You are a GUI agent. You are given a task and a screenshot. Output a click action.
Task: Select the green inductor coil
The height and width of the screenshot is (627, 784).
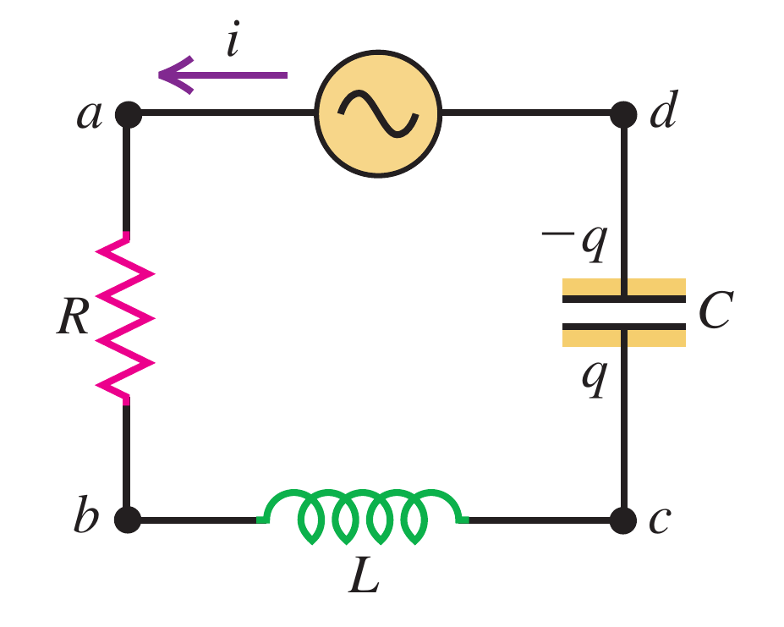click(x=364, y=515)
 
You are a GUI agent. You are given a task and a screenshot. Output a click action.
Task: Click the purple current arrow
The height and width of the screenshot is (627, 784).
click(x=223, y=74)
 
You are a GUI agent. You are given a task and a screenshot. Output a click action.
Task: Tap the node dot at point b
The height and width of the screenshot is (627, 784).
click(x=128, y=518)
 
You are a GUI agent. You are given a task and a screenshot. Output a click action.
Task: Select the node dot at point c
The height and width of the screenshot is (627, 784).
click(x=623, y=518)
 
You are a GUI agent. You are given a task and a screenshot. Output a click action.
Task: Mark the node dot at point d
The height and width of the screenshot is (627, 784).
click(x=623, y=113)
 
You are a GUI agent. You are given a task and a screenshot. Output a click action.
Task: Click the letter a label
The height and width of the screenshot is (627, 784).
click(x=88, y=114)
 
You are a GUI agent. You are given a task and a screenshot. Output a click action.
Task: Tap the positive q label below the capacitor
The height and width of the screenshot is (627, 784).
click(x=593, y=379)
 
